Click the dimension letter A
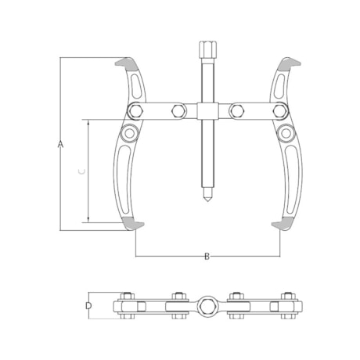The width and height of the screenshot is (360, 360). click(60, 144)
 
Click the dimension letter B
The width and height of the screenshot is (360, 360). click(207, 256)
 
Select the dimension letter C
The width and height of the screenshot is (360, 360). click(81, 171)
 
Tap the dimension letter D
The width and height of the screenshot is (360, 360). click(88, 305)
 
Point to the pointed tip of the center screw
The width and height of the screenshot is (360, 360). click(207, 200)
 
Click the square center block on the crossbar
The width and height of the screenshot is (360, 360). click(207, 111)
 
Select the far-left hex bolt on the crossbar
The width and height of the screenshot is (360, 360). click(135, 111)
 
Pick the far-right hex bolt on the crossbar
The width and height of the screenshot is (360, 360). click(279, 111)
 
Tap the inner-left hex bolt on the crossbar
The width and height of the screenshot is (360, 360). click(178, 111)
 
